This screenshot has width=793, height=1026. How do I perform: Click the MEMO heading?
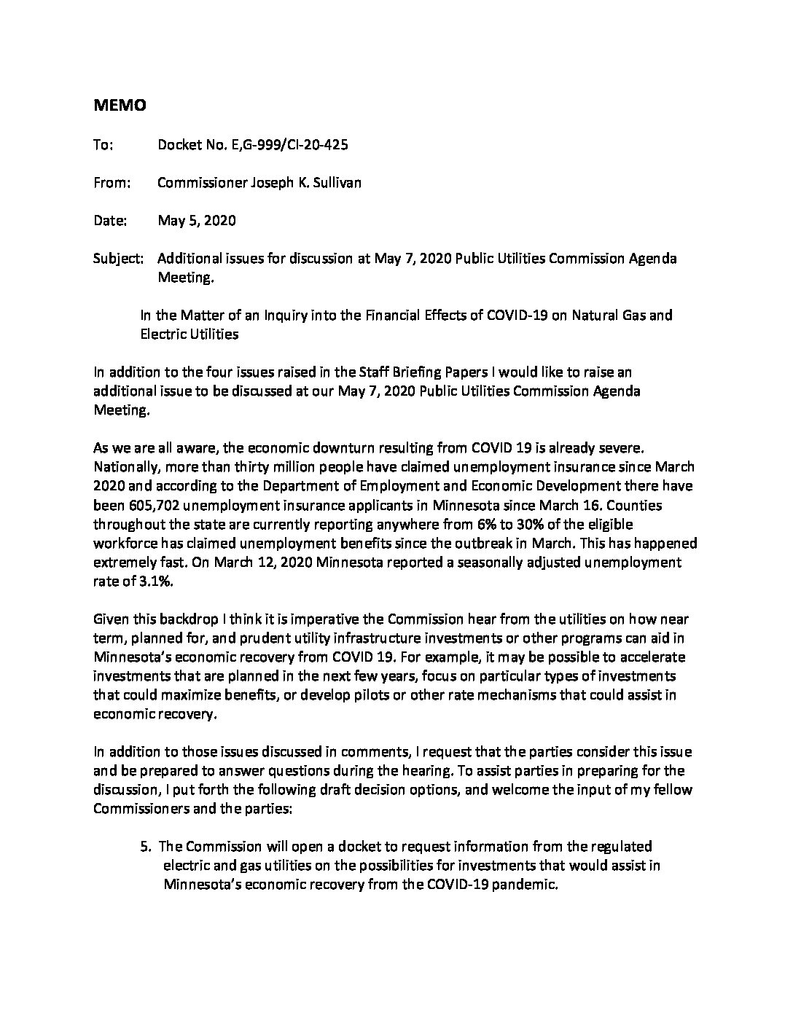coord(120,106)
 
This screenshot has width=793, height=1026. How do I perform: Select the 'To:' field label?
coord(103,145)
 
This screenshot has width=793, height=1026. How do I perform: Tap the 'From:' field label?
coord(111,183)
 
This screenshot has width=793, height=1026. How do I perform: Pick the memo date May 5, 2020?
coord(196,221)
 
